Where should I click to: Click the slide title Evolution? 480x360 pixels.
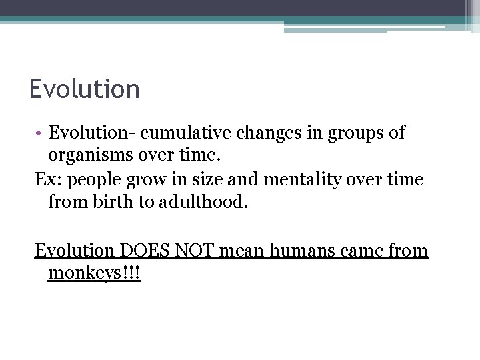(x=85, y=89)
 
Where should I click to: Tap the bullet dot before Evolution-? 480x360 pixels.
(x=39, y=133)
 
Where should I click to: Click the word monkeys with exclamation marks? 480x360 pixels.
(x=94, y=274)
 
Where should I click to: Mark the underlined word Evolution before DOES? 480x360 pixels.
(x=75, y=251)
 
